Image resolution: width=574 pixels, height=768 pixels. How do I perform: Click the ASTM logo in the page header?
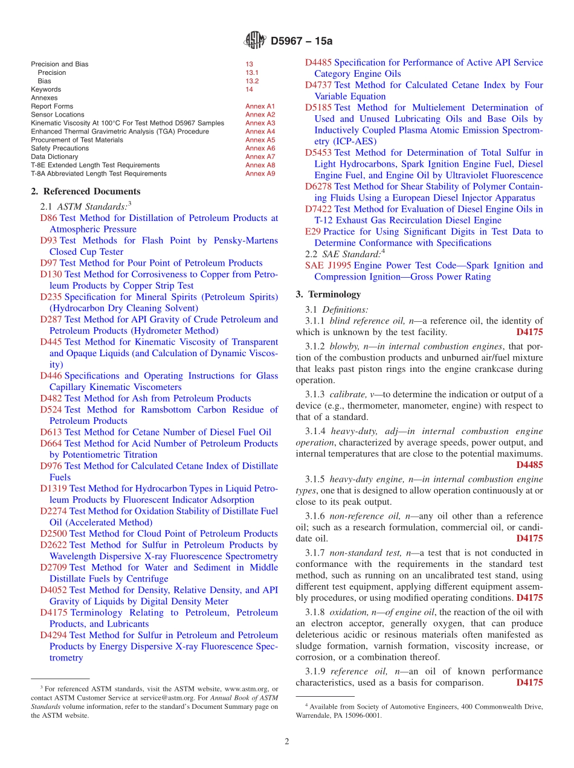(254, 40)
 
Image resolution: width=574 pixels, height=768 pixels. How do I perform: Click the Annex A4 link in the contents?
(260, 132)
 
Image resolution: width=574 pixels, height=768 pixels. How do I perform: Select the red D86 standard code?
(48, 218)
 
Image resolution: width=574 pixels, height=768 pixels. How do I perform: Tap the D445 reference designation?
(51, 342)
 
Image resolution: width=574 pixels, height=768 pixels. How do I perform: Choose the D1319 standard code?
(53, 488)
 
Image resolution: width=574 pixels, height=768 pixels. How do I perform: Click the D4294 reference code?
(53, 635)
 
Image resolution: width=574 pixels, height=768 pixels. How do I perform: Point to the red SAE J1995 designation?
(328, 266)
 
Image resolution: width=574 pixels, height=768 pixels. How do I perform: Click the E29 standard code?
(312, 232)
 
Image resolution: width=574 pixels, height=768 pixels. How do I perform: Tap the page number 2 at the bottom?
(287, 741)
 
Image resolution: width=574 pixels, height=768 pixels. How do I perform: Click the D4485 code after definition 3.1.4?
(529, 465)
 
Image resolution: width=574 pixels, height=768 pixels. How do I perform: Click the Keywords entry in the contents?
(46, 89)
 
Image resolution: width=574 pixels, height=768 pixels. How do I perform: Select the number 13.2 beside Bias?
(252, 81)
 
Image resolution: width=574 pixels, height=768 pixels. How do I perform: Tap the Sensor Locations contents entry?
(57, 115)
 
